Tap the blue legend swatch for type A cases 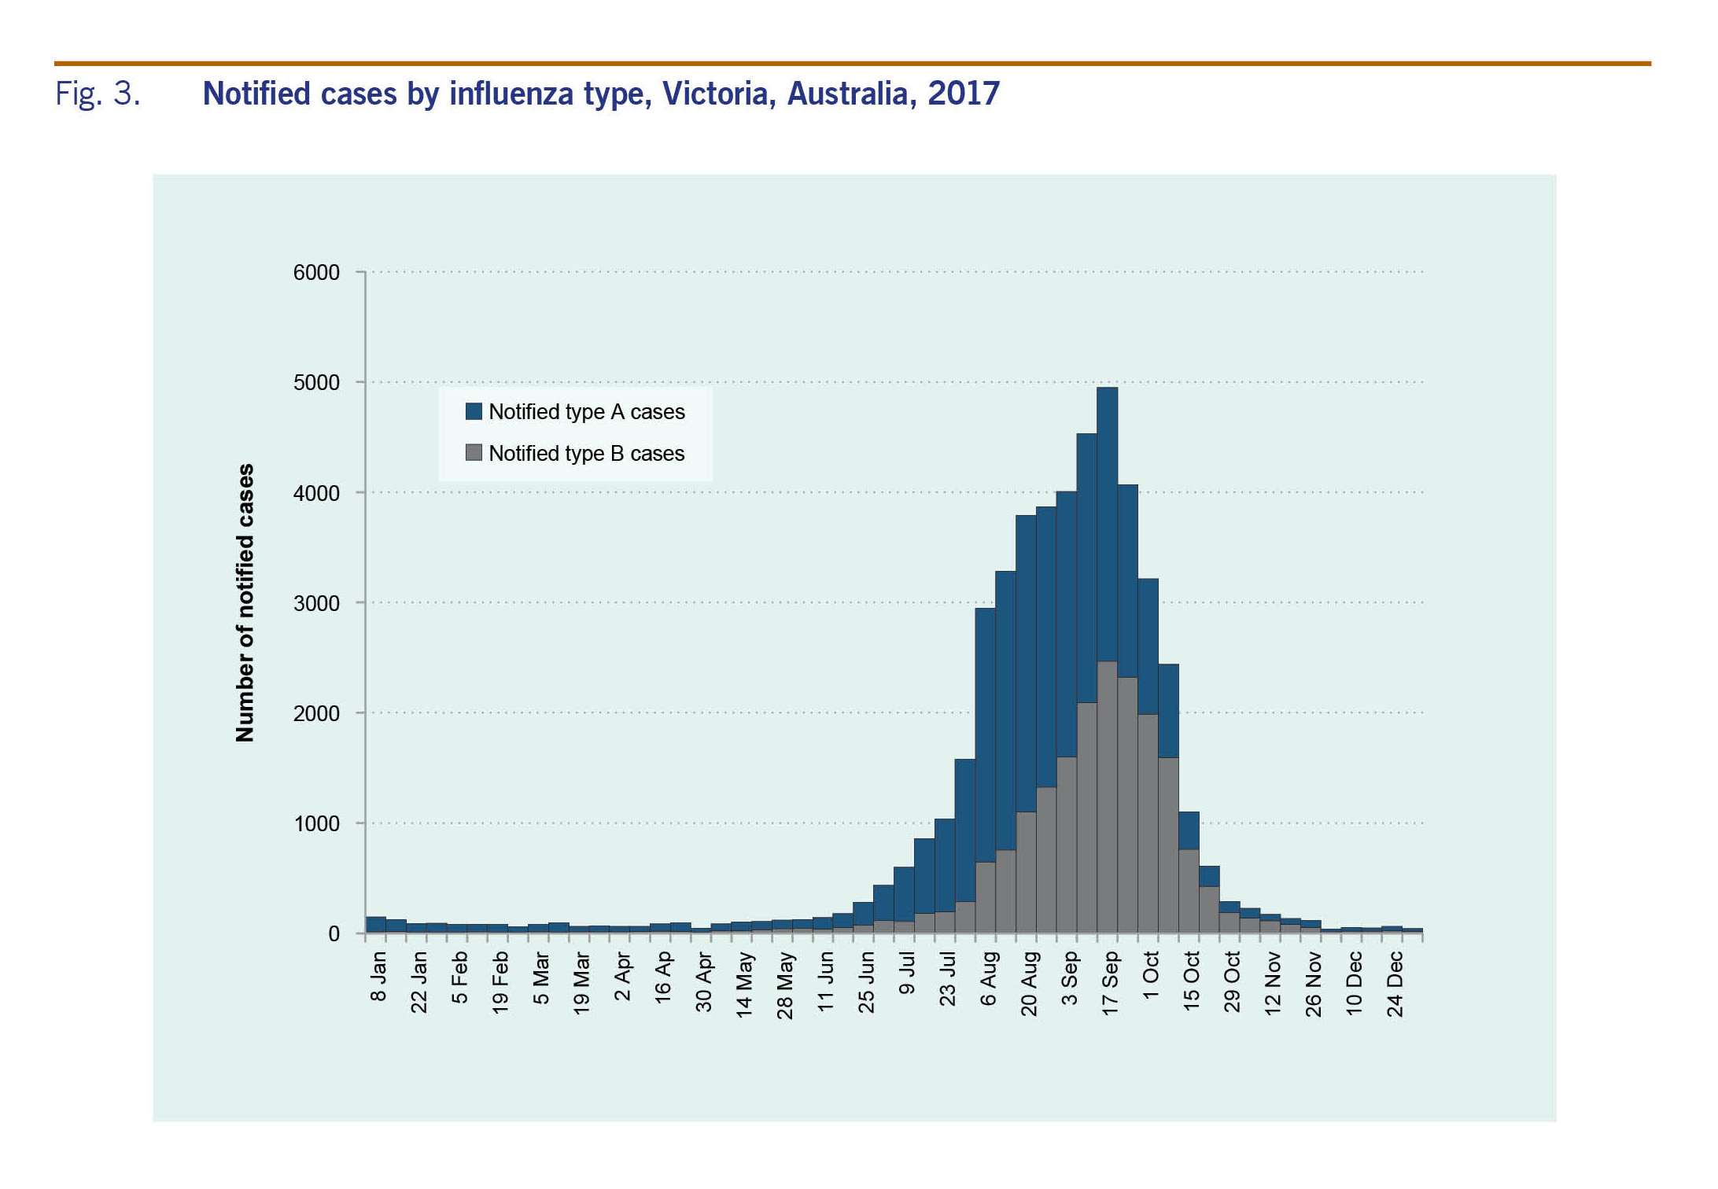tap(474, 411)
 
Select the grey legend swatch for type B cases tap(474, 453)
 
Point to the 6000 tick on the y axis tap(316, 273)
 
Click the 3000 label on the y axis tap(316, 603)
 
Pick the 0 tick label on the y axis tap(334, 934)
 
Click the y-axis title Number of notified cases tap(245, 602)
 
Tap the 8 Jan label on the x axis tap(378, 977)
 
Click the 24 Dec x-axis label tap(1395, 984)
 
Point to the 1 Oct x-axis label tap(1151, 976)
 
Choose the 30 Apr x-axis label tap(703, 983)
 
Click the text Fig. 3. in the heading tap(98, 94)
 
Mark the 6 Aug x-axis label tap(988, 978)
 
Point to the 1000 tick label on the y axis tap(316, 824)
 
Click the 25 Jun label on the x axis tap(866, 983)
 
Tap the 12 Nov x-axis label tap(1273, 983)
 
